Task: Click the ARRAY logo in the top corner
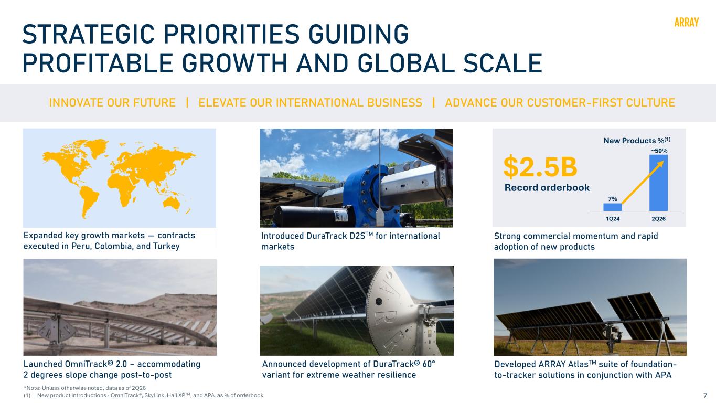687,22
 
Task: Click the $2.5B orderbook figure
540,167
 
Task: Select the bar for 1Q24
613,207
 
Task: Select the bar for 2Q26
658,183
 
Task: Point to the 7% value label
613,199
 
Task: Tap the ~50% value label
659,151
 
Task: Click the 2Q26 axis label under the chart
658,219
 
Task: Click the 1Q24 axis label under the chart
613,219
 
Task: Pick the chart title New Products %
637,141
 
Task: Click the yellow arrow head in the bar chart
660,164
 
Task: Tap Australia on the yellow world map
172,203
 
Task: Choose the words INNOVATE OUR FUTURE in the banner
112,103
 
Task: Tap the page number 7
705,395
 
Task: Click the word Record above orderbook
521,187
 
